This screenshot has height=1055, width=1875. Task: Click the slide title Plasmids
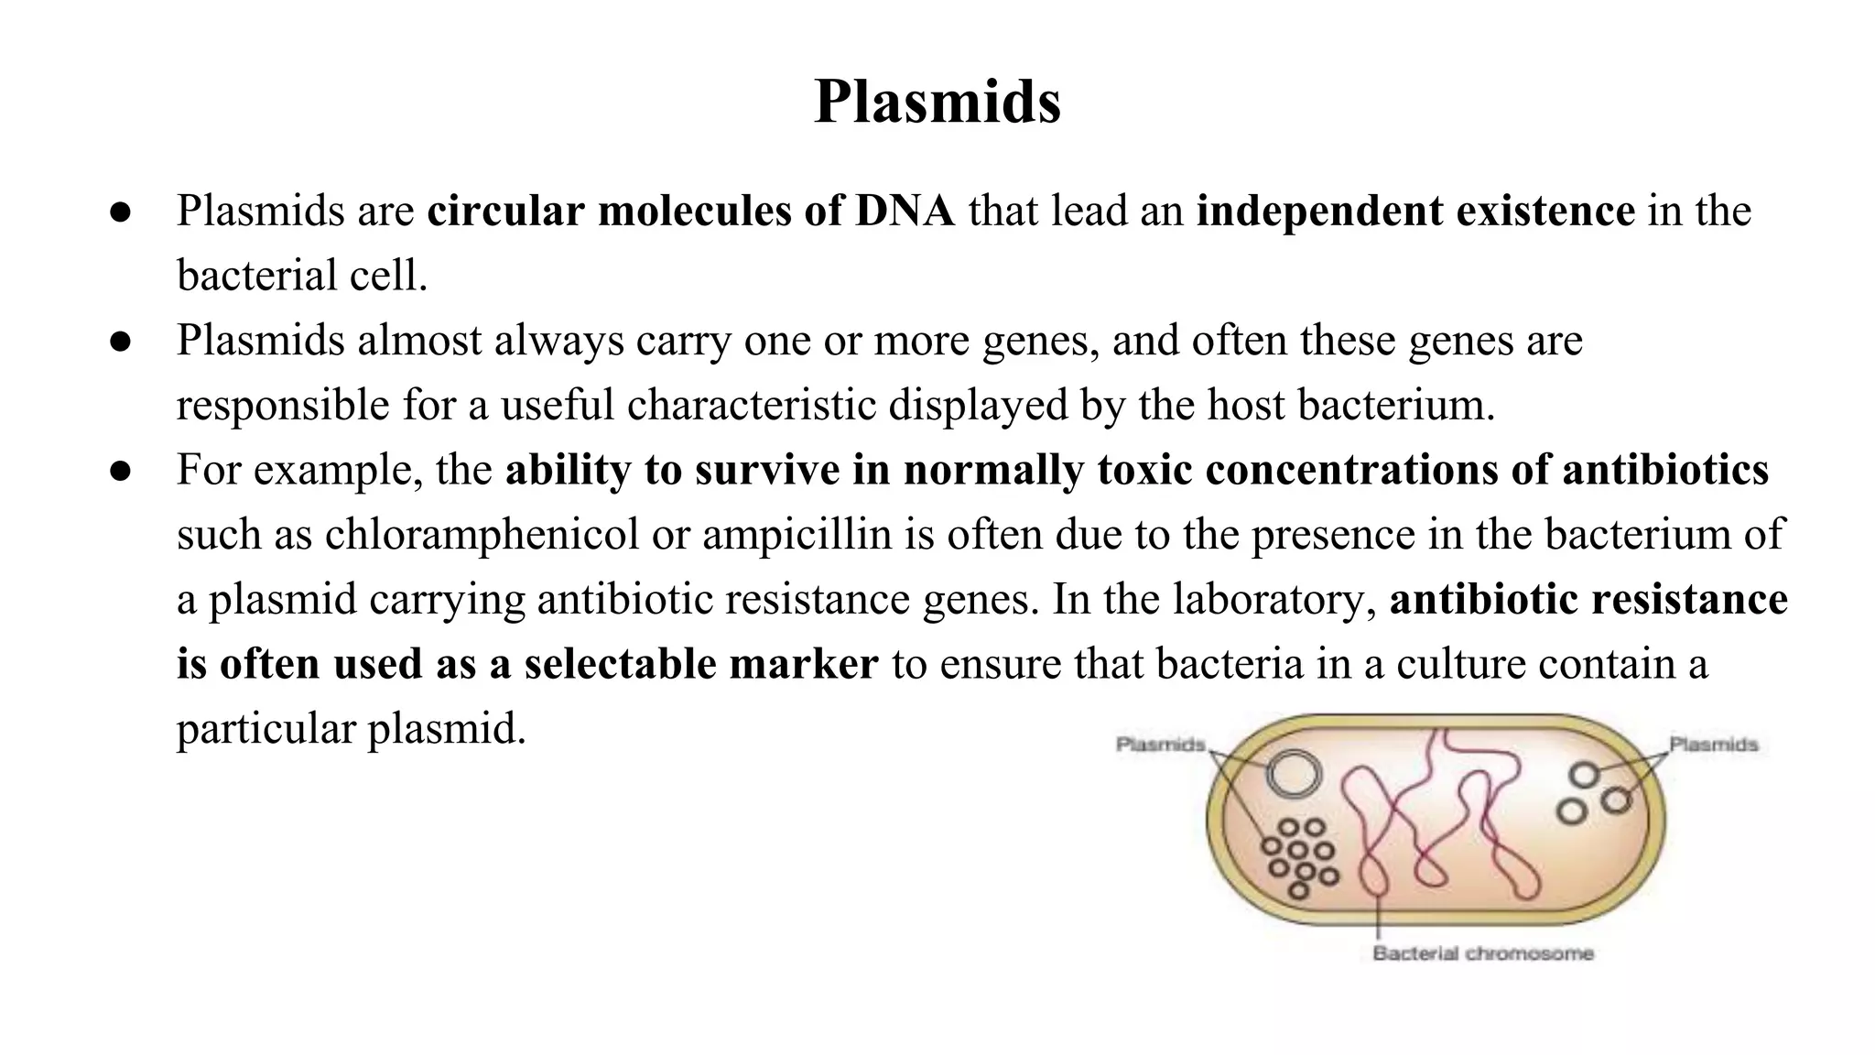click(x=937, y=101)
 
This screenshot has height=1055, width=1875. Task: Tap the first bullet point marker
click(x=121, y=212)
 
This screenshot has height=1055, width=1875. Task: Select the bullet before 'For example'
click(x=121, y=472)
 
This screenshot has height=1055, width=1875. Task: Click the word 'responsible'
click(x=283, y=405)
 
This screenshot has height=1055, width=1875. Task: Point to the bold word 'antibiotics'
click(x=1665, y=470)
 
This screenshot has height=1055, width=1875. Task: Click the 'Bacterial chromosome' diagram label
click(x=1483, y=953)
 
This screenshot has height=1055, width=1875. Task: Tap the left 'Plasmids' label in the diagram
click(x=1160, y=745)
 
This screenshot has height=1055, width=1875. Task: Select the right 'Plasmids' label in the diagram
click(x=1714, y=745)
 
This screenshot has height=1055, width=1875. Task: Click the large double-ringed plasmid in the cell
click(x=1294, y=775)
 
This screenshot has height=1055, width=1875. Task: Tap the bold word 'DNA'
click(x=905, y=211)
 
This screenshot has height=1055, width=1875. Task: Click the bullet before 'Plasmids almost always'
click(x=121, y=342)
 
